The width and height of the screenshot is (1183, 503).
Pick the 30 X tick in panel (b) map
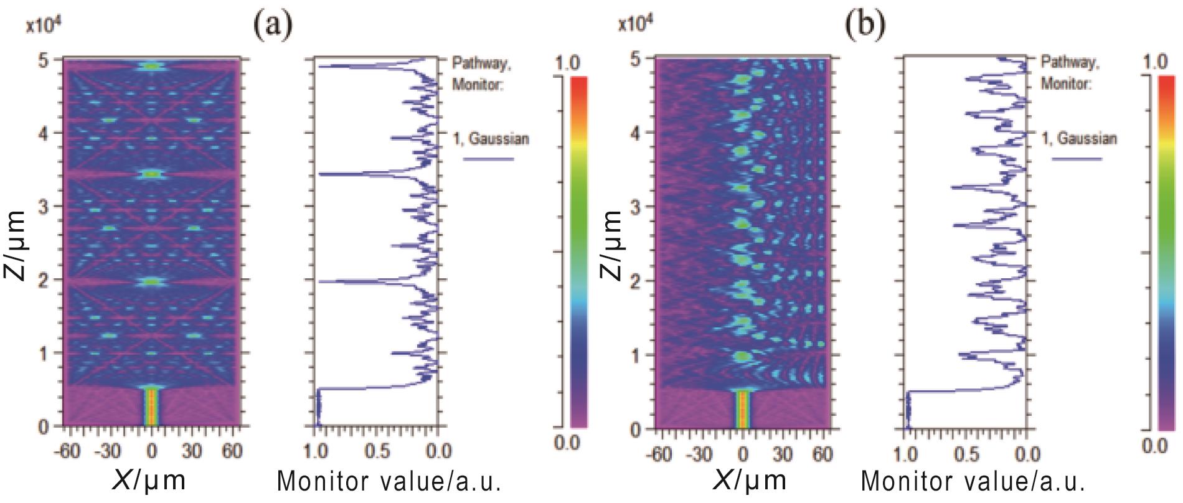pos(783,454)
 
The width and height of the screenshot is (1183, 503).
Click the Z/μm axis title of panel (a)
pos(17,245)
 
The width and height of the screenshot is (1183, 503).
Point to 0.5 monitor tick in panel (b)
pos(964,454)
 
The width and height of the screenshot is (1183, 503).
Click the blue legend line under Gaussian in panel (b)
pos(1077,159)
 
